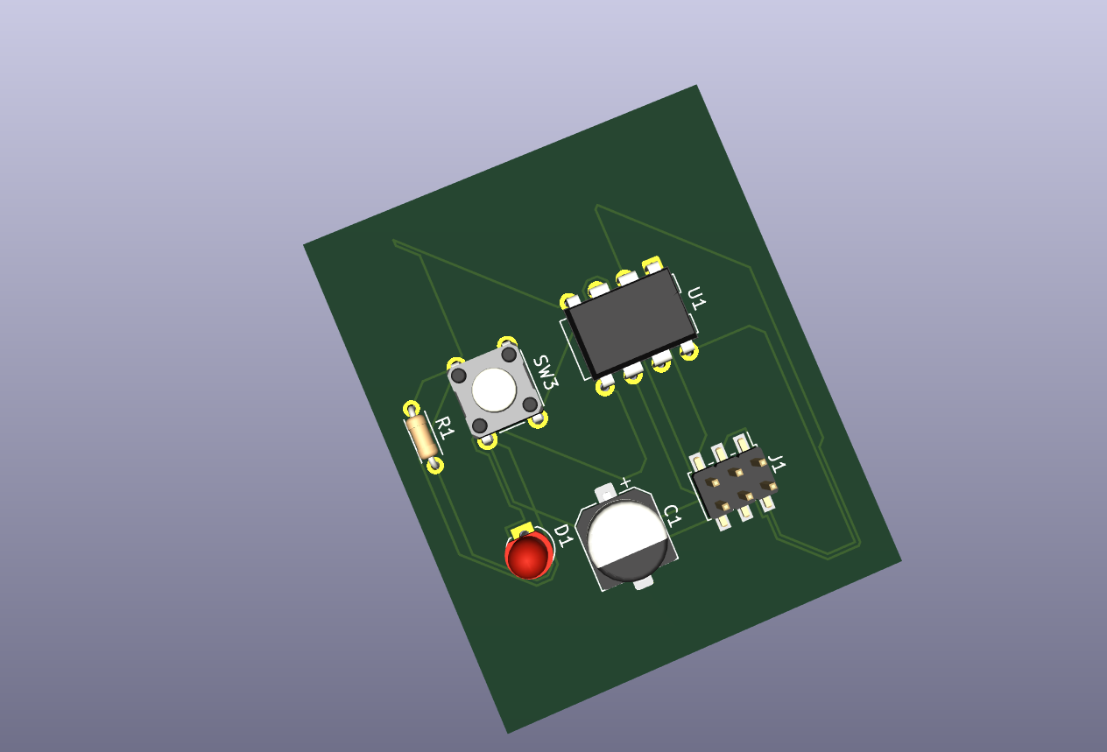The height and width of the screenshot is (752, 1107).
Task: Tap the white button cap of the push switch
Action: click(494, 390)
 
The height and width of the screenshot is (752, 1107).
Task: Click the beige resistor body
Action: click(421, 437)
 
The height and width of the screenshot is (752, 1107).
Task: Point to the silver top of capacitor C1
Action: click(627, 539)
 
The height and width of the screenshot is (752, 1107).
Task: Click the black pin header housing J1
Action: click(735, 481)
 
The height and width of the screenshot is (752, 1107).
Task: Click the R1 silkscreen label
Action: click(445, 428)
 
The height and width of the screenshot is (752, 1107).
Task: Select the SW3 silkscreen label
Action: click(546, 371)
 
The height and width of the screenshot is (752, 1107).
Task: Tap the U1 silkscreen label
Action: click(697, 298)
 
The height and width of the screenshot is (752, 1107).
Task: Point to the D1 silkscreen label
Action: click(563, 536)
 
